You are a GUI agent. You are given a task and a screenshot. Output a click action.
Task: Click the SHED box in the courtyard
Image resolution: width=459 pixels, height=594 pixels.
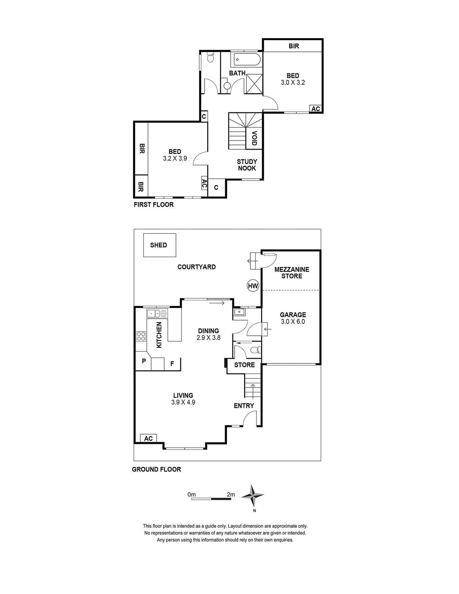pos(160,245)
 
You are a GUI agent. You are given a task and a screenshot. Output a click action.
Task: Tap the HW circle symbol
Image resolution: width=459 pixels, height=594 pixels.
pos(253,286)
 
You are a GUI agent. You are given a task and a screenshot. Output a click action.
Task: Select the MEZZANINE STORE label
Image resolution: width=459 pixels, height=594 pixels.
pos(292,273)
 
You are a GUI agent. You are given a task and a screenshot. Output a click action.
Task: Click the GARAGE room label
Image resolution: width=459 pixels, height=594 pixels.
pos(293,315)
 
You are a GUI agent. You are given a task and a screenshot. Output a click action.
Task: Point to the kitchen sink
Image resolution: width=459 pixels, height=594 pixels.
pos(153,313)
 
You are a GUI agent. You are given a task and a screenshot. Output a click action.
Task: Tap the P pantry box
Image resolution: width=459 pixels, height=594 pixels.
pos(144,361)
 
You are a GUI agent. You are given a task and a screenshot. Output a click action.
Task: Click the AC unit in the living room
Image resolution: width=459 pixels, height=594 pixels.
pos(148,438)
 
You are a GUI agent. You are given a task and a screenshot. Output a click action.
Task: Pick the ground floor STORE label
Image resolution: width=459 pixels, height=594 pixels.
pos(244,365)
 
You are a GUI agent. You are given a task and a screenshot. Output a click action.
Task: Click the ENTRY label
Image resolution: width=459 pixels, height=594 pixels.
pos(244,406)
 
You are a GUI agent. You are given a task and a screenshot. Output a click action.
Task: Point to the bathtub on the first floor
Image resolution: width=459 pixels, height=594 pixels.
pos(247,59)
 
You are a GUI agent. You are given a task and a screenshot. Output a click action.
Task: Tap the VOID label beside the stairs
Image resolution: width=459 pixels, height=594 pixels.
pos(254,138)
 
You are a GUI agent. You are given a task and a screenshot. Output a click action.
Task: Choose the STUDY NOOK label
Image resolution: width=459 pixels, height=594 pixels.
pos(247,165)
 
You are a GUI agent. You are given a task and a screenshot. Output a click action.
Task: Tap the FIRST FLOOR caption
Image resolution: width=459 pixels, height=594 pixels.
pos(153,205)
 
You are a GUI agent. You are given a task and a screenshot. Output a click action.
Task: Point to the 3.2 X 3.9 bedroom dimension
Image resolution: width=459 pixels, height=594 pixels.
pos(175,159)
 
